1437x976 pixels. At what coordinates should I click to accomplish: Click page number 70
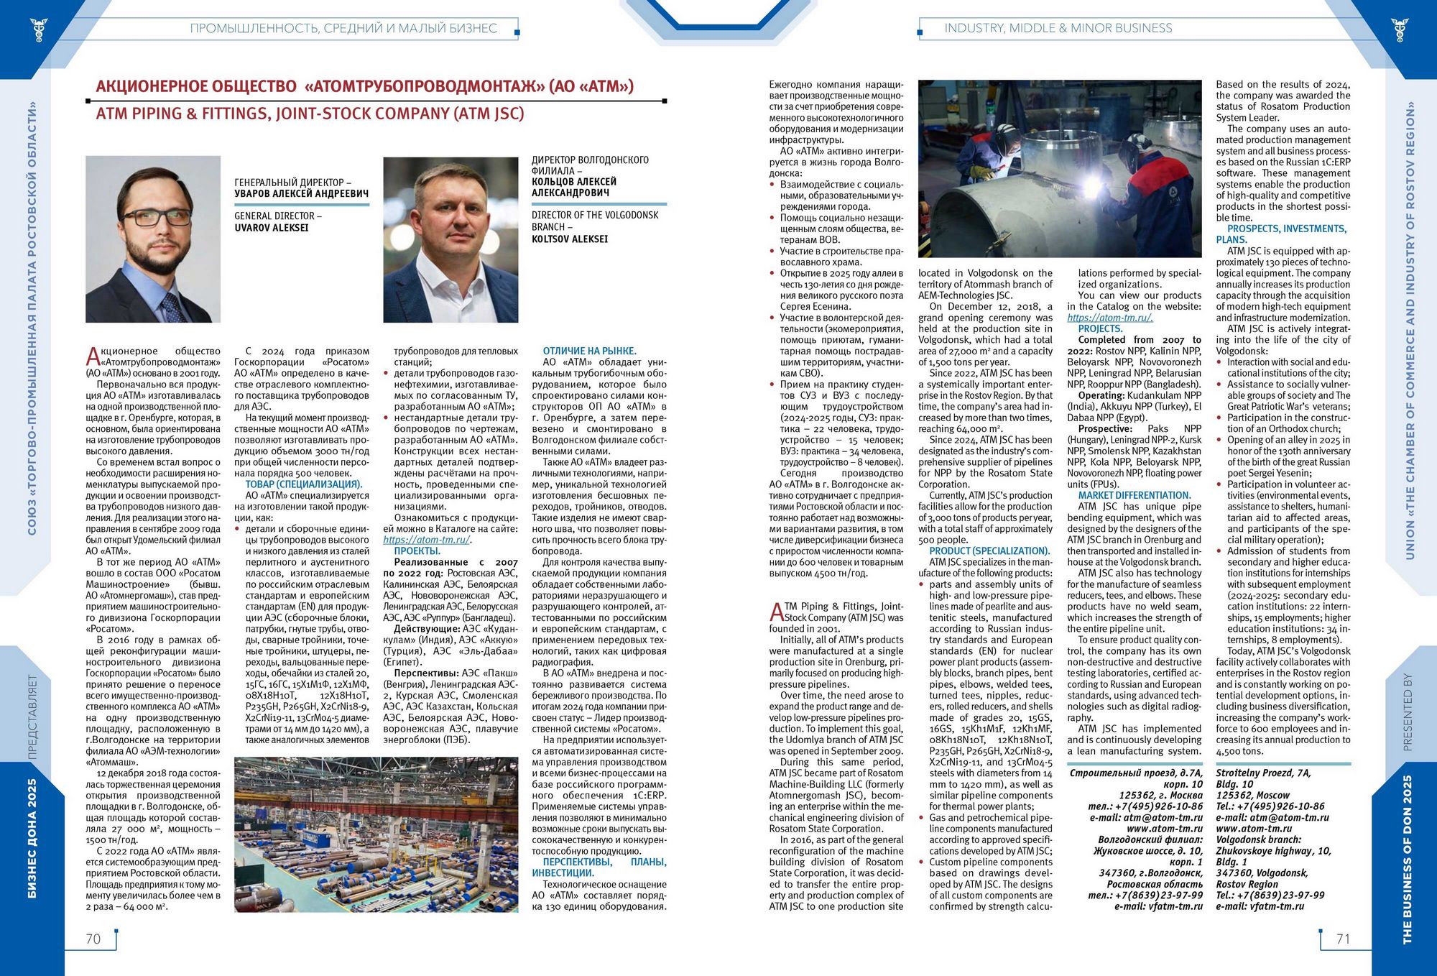[x=93, y=939]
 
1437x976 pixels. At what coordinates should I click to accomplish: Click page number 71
[x=1342, y=939]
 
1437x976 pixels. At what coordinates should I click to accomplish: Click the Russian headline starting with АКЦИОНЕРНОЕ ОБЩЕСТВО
[x=365, y=87]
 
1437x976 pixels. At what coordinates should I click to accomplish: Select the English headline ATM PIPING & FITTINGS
[x=310, y=114]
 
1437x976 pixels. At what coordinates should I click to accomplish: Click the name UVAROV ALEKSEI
[x=272, y=228]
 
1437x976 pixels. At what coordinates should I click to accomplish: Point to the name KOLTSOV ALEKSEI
[x=570, y=239]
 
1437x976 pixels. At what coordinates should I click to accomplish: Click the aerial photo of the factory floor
[x=376, y=834]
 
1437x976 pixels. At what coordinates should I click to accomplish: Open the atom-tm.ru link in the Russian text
[x=427, y=540]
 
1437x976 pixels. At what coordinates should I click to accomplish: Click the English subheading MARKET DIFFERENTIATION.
[x=1134, y=495]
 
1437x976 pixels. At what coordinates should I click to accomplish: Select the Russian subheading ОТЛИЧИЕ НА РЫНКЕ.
[x=589, y=351]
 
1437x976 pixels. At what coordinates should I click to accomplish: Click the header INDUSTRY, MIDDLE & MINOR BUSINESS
[x=1058, y=28]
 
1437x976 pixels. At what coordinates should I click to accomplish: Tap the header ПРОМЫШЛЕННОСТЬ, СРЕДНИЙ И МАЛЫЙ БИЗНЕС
[x=343, y=29]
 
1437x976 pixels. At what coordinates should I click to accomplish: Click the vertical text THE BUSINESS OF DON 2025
[x=1407, y=859]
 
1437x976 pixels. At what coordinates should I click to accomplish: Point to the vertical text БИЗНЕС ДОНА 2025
[x=32, y=838]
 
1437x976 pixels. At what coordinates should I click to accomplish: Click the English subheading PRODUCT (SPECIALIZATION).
[x=989, y=551]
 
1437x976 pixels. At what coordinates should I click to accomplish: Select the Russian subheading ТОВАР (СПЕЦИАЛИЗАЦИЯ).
[x=304, y=484]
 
